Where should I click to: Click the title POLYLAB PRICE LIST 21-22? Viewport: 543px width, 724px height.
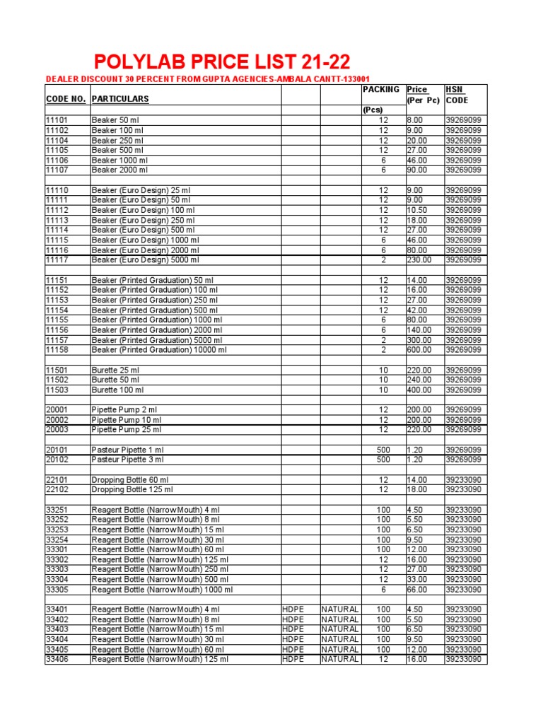click(x=223, y=62)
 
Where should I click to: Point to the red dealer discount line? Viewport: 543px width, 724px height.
click(x=208, y=78)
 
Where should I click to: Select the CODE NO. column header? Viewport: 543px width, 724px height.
click(x=65, y=100)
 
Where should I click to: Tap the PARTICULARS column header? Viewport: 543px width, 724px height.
click(x=120, y=100)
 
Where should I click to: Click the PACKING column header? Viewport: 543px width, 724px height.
click(x=381, y=90)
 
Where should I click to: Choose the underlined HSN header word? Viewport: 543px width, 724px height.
click(x=454, y=90)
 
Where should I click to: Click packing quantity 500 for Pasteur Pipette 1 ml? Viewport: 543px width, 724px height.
click(x=383, y=450)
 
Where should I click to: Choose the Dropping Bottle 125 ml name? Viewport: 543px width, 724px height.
click(x=132, y=489)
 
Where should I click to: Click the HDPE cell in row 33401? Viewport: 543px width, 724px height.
click(x=293, y=609)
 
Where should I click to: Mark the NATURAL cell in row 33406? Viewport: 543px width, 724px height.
click(x=340, y=659)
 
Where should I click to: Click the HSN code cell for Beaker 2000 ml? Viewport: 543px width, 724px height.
click(x=463, y=170)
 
